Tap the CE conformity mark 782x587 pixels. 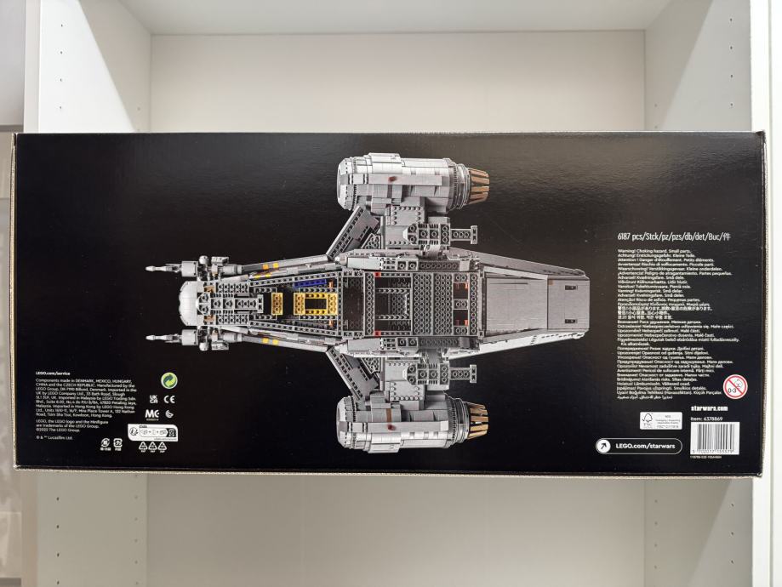coord(169,397)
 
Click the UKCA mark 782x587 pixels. coord(153,397)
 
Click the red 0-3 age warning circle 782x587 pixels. coord(733,385)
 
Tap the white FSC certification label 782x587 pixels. coord(662,421)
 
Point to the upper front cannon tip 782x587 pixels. coord(151,269)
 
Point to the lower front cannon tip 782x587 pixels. coord(151,338)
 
